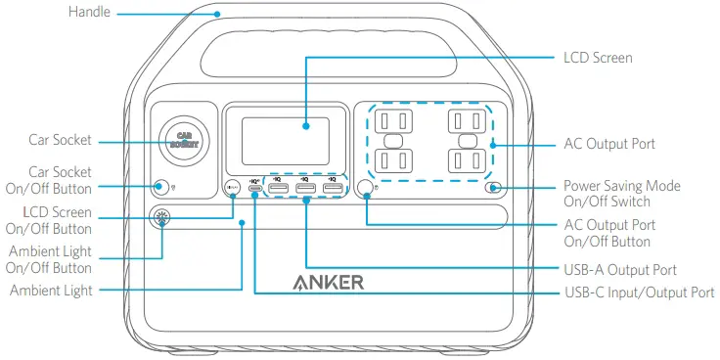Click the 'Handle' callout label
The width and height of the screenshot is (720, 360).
tap(88, 13)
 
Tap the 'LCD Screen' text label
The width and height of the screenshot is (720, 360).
tap(599, 58)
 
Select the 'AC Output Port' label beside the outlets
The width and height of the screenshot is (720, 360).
tap(609, 144)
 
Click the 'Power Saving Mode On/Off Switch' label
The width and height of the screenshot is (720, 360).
tap(635, 193)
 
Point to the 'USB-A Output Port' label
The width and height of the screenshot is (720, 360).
tap(621, 269)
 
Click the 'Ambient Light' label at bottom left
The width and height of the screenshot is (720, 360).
tap(51, 291)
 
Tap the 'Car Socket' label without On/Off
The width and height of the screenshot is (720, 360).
tap(60, 141)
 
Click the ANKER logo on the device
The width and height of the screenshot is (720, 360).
tap(328, 284)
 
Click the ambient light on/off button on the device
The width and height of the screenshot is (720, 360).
tap(160, 218)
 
